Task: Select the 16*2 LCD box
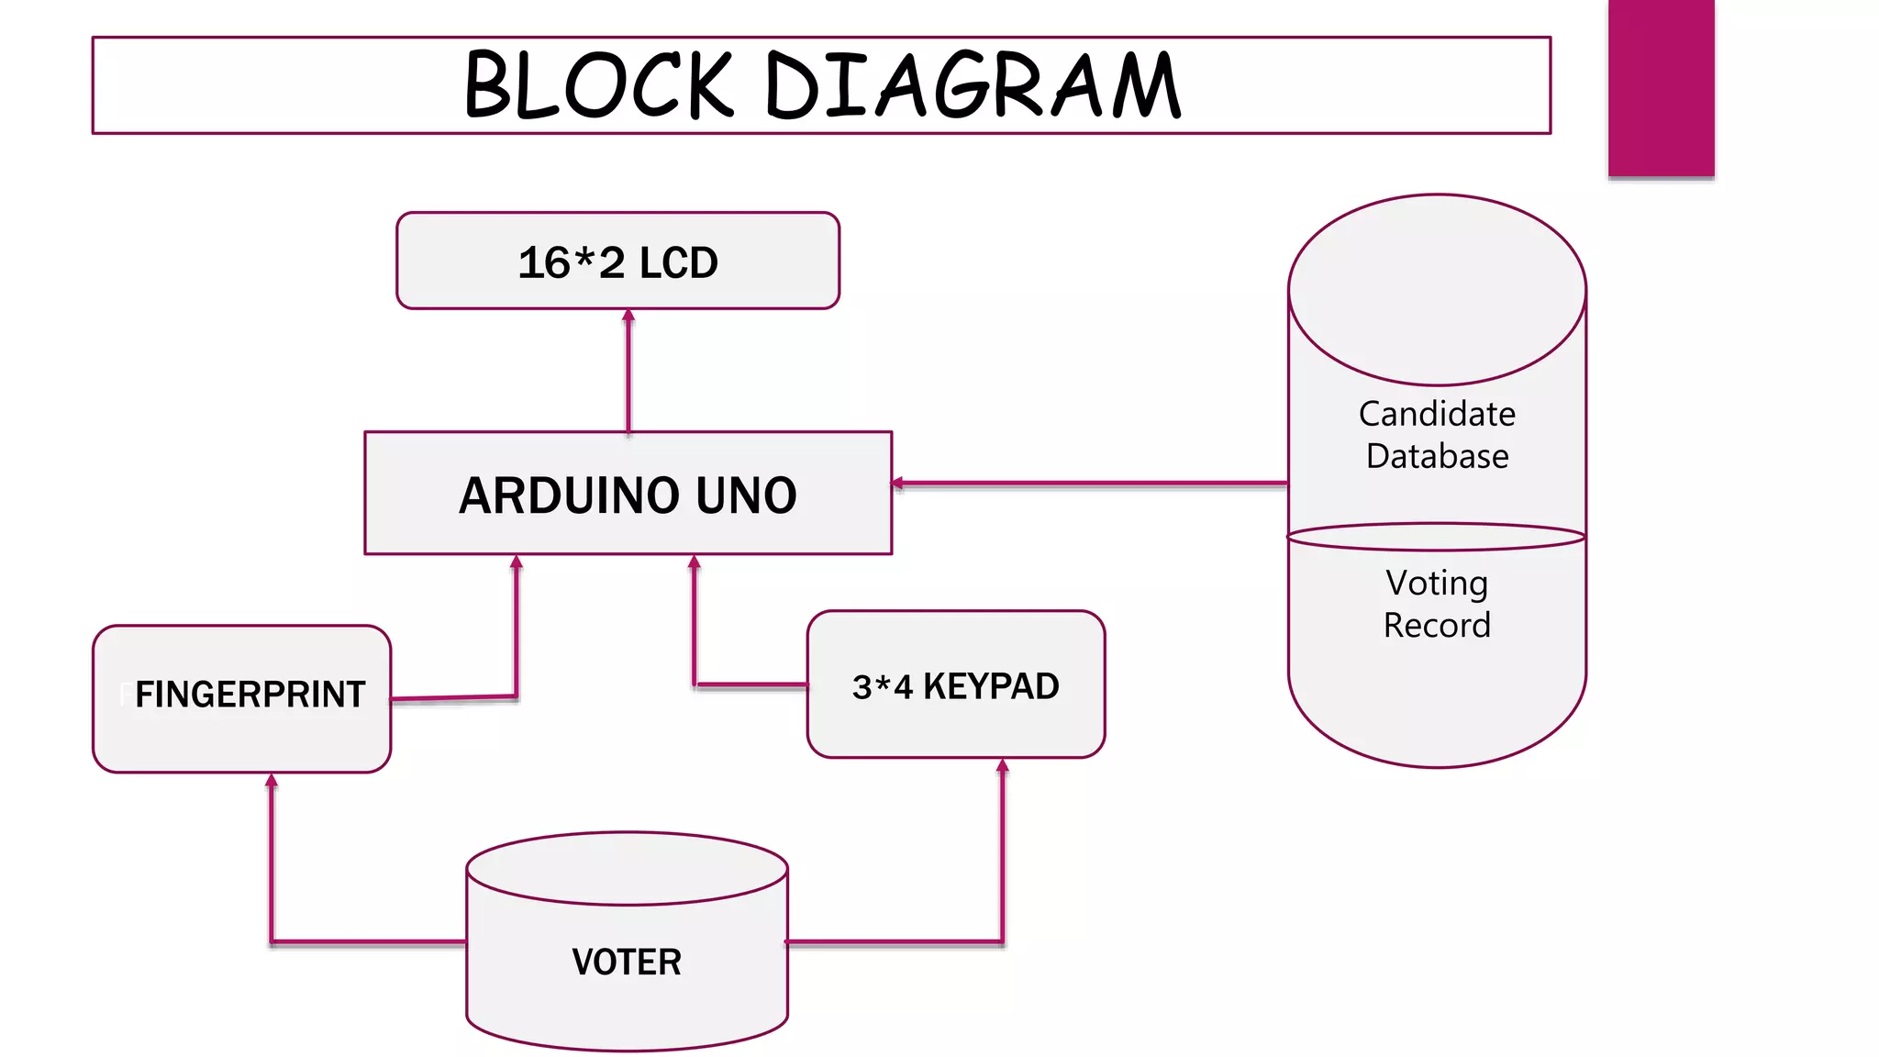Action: (617, 261)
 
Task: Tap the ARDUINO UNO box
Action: (628, 495)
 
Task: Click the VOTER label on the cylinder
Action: (627, 962)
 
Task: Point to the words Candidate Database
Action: (1437, 435)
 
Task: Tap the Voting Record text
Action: (1437, 604)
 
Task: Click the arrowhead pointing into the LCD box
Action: (628, 316)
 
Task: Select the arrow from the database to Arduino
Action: (1092, 483)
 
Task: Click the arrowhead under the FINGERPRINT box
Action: (272, 781)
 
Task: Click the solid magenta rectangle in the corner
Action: (1661, 87)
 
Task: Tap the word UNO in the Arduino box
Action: (746, 495)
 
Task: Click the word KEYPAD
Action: (991, 686)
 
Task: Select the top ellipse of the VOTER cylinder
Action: (627, 868)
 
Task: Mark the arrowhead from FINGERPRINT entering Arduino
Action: (517, 562)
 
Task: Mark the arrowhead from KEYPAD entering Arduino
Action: (695, 562)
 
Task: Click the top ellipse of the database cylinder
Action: (1437, 289)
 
